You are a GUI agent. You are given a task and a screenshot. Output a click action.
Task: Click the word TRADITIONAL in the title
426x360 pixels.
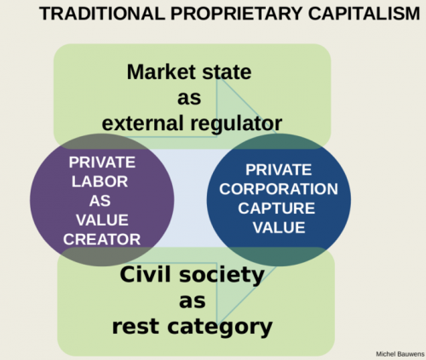tap(102, 14)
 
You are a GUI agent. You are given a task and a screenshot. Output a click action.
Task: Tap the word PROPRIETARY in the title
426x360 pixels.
tap(236, 14)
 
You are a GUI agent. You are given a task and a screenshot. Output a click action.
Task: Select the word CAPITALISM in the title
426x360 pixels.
tap(364, 14)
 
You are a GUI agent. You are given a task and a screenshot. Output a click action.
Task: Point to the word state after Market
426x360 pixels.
tap(227, 72)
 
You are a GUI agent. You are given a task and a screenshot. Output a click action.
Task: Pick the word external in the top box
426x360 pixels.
tap(142, 123)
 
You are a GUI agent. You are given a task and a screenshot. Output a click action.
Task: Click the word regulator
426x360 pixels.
tap(236, 124)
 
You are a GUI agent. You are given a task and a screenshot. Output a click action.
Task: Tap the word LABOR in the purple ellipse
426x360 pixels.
tap(100, 181)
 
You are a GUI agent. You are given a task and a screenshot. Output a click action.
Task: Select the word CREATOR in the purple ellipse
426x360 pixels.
tap(101, 239)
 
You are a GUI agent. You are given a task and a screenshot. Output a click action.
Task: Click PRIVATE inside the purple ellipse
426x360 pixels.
tap(102, 163)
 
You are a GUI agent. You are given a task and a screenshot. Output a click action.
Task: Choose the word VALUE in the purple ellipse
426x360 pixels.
tap(102, 220)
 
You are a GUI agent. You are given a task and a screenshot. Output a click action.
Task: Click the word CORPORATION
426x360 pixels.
tap(279, 189)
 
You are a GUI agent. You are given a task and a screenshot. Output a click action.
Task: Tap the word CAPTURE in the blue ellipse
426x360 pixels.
tap(276, 209)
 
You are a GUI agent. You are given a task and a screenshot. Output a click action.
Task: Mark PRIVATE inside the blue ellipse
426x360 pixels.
tap(279, 169)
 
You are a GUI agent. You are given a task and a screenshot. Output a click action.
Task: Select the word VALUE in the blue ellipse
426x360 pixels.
tap(279, 227)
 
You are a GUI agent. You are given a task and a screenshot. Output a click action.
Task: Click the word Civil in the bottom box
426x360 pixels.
tap(146, 274)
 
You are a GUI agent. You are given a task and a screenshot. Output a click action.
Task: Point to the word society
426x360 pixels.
tap(222, 275)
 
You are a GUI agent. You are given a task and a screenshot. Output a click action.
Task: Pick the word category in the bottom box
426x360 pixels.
tap(220, 328)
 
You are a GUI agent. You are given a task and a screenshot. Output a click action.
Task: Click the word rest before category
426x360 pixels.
tap(135, 327)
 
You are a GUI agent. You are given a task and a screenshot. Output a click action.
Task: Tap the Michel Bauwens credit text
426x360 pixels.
tap(400, 354)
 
